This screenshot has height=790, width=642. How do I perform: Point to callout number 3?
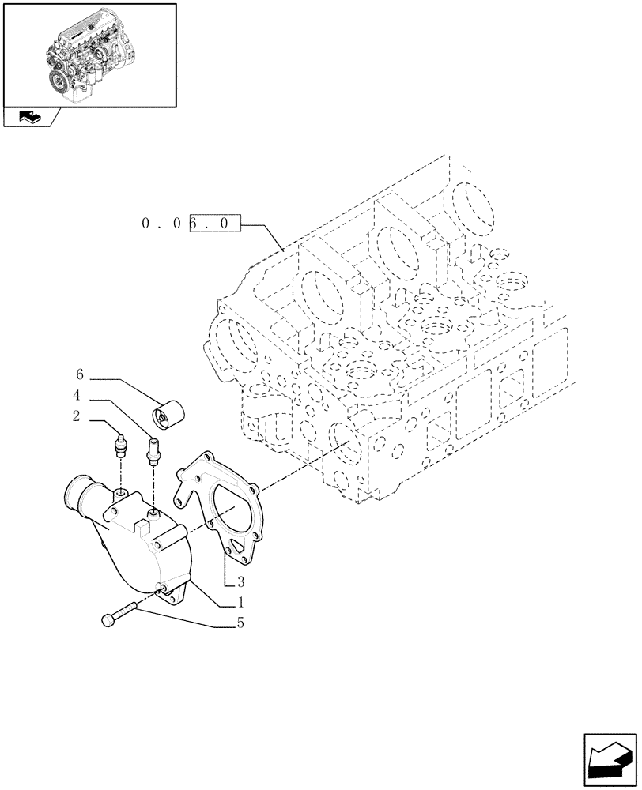coord(240,583)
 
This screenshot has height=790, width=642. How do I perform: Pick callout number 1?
coord(240,602)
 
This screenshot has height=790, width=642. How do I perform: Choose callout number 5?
coord(240,623)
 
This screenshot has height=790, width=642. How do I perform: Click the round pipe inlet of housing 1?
coord(75,495)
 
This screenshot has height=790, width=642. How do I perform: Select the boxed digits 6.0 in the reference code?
coord(213,224)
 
